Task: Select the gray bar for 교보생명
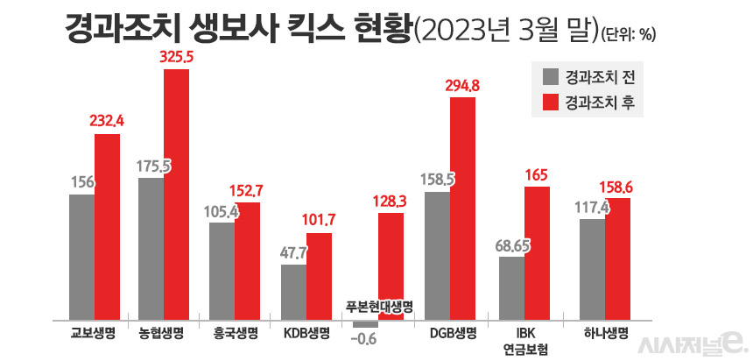[81, 255]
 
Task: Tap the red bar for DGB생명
[463, 208]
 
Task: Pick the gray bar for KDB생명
[294, 290]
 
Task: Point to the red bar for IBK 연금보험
[537, 252]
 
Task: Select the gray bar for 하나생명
[592, 268]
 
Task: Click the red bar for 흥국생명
[248, 260]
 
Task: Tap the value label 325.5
[178, 56]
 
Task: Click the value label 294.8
[462, 85]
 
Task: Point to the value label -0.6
[364, 338]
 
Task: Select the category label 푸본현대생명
[378, 306]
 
